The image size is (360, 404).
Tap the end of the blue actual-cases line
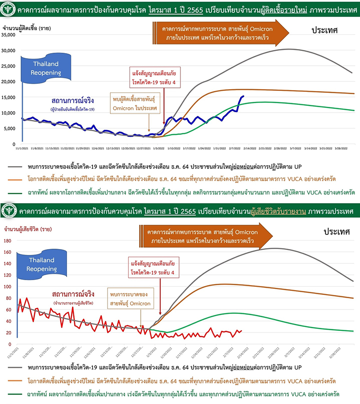(243, 96)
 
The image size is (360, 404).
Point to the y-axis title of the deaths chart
(25, 230)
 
